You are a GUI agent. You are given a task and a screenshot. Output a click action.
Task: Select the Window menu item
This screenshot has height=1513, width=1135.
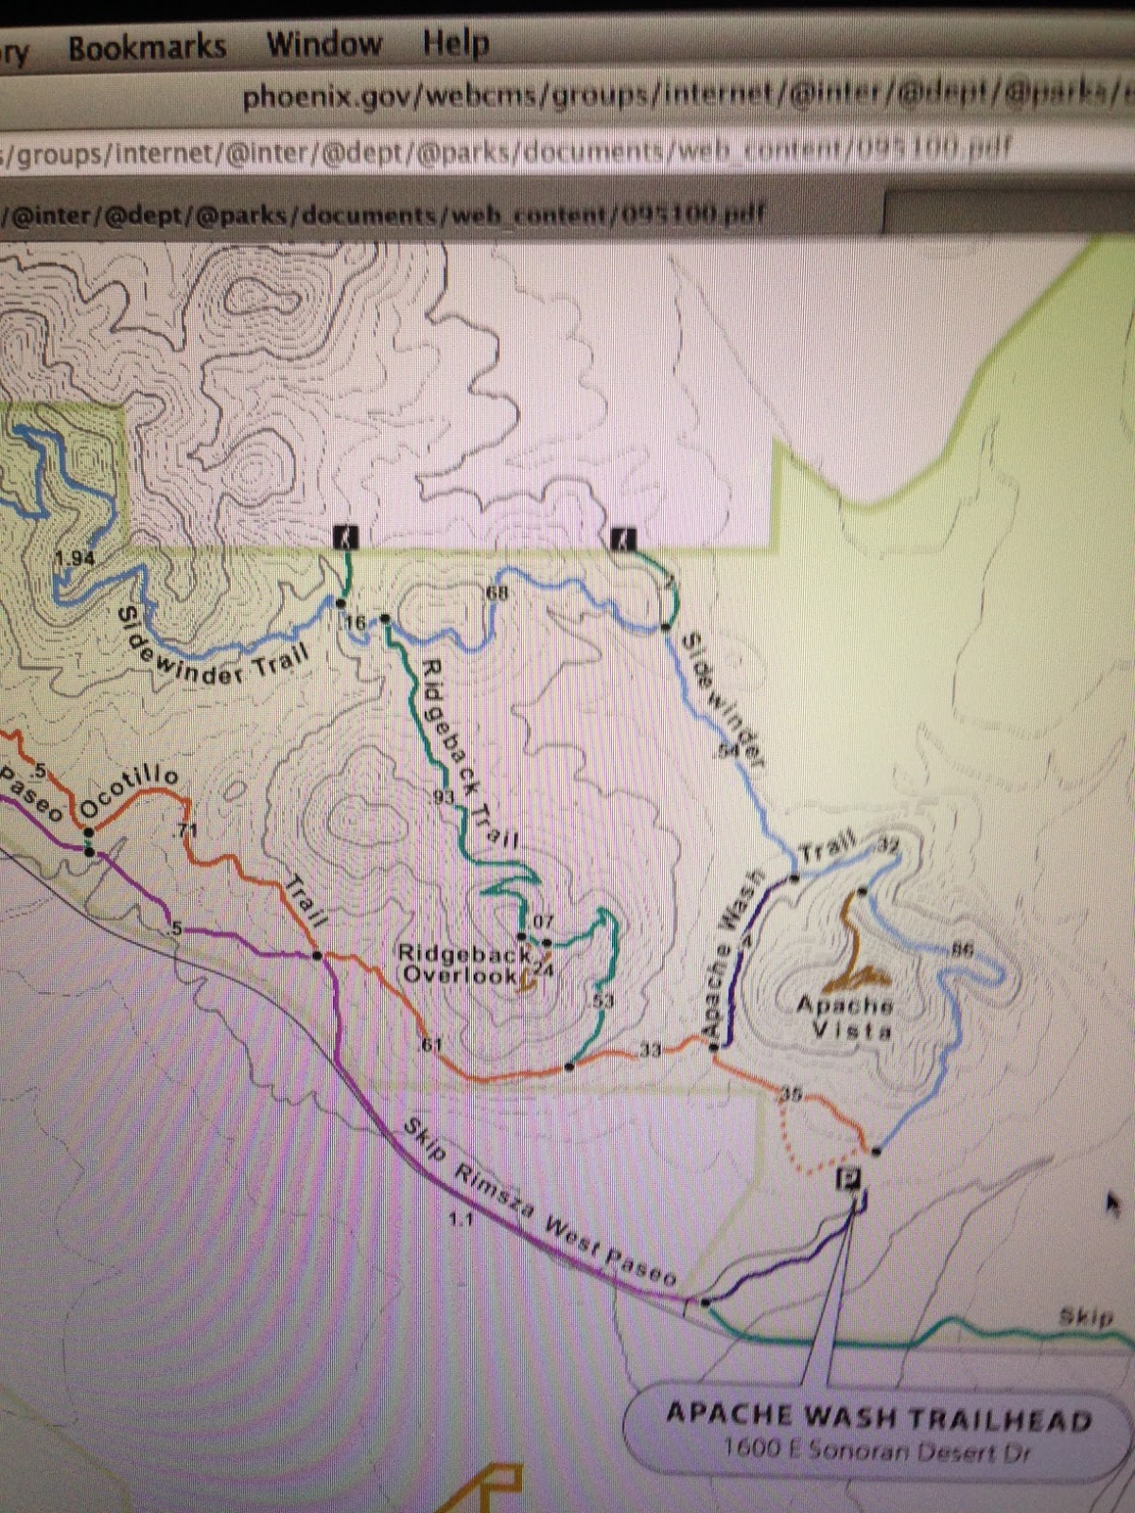[x=323, y=43]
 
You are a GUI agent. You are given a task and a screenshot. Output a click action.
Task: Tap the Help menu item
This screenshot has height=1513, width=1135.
[x=455, y=43]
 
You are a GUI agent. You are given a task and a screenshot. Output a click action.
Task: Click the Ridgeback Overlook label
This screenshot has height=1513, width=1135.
[x=461, y=965]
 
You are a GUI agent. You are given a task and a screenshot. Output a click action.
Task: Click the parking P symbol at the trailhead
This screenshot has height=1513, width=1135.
[x=849, y=1179]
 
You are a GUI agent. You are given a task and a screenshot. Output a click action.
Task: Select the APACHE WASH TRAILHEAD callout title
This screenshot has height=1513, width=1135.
[x=879, y=1417]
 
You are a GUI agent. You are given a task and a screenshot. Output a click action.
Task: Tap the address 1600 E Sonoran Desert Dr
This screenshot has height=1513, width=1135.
[x=877, y=1449]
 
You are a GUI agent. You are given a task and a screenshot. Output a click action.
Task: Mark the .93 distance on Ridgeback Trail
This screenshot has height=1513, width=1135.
[x=443, y=797]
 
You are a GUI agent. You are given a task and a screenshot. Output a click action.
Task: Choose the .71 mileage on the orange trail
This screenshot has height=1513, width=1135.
[x=186, y=830]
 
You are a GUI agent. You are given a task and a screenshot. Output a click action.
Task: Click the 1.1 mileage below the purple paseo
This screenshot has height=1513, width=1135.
[x=461, y=1220]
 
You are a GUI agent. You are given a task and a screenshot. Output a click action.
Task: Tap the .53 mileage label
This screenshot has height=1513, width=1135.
[x=602, y=1000]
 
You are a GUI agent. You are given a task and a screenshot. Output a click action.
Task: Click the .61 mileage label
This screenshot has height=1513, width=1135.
[x=430, y=1045]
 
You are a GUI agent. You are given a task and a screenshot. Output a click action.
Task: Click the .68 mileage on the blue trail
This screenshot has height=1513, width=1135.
[x=496, y=593]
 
